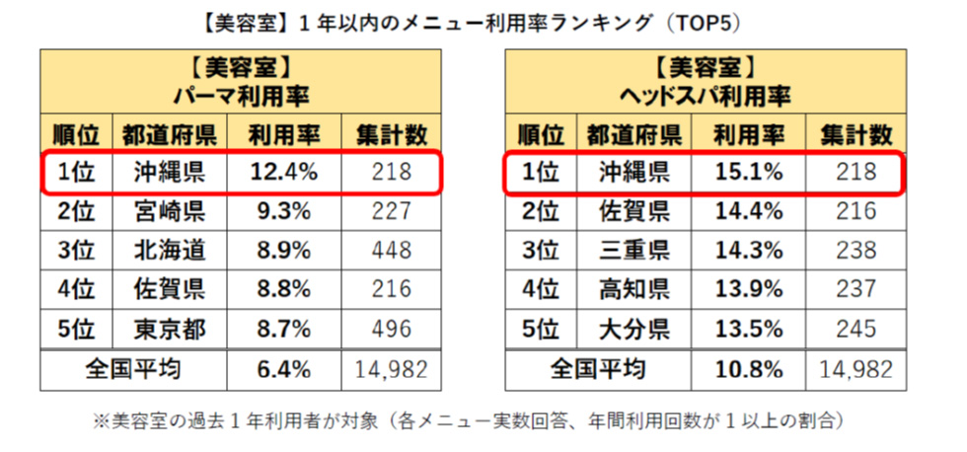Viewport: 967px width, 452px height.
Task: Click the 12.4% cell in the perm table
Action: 283,172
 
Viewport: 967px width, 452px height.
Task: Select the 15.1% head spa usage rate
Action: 749,172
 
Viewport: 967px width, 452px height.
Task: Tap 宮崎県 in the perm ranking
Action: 170,210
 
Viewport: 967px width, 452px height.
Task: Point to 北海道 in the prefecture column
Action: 170,250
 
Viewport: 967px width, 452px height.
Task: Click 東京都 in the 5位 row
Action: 170,329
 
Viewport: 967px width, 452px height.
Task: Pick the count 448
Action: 392,250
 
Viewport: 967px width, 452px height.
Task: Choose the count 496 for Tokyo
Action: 392,329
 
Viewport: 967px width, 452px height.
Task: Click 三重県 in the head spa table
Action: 635,250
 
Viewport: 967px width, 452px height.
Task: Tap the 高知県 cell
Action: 635,289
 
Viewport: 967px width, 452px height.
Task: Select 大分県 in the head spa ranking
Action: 635,329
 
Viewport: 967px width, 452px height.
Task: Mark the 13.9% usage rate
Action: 749,289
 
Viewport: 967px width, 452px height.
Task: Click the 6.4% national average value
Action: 283,369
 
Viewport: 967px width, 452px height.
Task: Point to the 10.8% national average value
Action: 749,369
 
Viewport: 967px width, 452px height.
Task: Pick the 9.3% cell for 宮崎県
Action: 283,210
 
